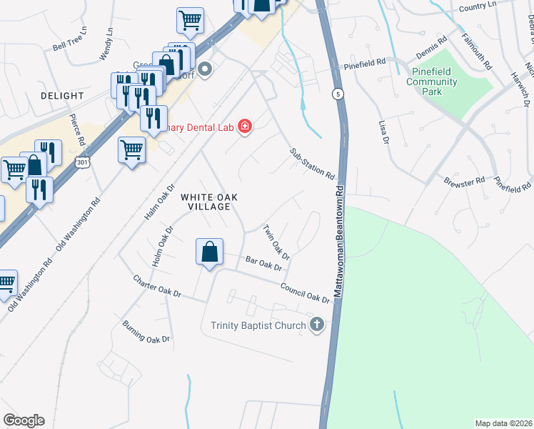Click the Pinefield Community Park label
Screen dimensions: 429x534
pos(431,82)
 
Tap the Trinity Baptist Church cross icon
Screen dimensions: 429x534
pos(318,325)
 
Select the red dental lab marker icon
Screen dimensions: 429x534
pos(244,126)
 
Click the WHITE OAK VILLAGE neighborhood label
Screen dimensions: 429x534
pos(205,202)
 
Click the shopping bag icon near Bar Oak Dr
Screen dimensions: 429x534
pos(208,252)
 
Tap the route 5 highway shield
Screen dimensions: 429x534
pos(336,94)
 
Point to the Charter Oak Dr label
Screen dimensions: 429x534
pos(157,285)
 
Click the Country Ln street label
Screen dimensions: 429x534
pos(478,6)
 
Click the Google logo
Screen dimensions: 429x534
pos(24,420)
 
